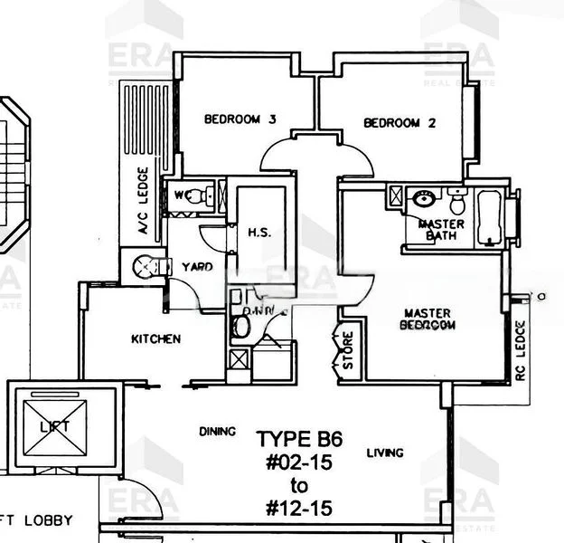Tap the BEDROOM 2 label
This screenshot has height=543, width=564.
tap(399, 123)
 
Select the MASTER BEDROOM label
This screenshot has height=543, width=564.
tap(428, 318)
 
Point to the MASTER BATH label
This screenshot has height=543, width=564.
tap(441, 230)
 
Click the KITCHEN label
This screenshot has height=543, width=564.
tap(155, 339)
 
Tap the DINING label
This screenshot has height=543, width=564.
tap(217, 432)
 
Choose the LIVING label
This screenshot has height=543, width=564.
tap(385, 452)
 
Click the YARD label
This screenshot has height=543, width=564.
tap(196, 267)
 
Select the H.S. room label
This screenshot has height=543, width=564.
tap(259, 233)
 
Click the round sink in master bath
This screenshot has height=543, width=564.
tap(421, 199)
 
